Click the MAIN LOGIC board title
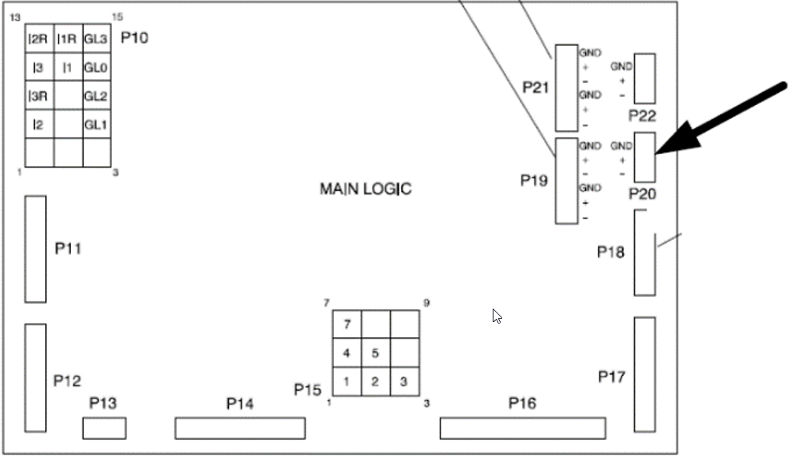pyautogui.click(x=365, y=189)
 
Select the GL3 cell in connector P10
pyautogui.click(x=96, y=38)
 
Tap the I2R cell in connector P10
pyautogui.click(x=39, y=38)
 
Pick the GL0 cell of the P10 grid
pyautogui.click(x=96, y=67)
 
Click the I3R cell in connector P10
pyautogui.click(x=39, y=96)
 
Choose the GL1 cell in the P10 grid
pyautogui.click(x=96, y=125)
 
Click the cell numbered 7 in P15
pyautogui.click(x=347, y=324)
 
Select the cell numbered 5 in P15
pyautogui.click(x=376, y=353)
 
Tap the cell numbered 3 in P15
pyautogui.click(x=404, y=382)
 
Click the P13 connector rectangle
pyautogui.click(x=104, y=429)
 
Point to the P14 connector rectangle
pyautogui.click(x=239, y=429)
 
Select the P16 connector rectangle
pyautogui.click(x=523, y=429)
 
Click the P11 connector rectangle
pyautogui.click(x=36, y=249)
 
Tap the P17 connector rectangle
pyautogui.click(x=645, y=374)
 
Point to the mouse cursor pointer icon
pyautogui.click(x=497, y=317)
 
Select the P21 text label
pyautogui.click(x=535, y=87)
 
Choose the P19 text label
pyautogui.click(x=534, y=181)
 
